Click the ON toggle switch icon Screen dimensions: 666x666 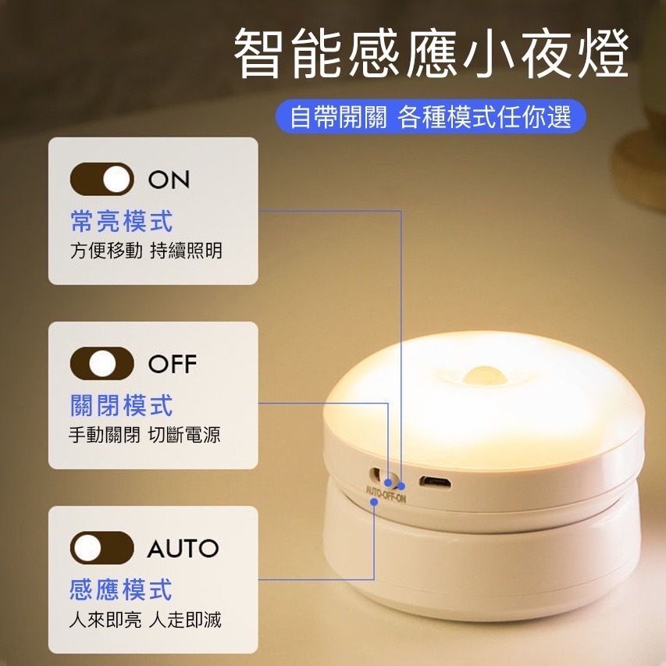[x=102, y=179]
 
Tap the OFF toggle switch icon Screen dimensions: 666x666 [x=102, y=364]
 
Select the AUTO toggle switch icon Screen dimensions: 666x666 [x=102, y=548]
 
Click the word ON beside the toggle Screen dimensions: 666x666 [x=169, y=180]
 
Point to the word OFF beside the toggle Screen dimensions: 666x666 [x=173, y=364]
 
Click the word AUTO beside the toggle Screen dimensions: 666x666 [x=183, y=548]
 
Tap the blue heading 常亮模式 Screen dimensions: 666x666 [x=122, y=221]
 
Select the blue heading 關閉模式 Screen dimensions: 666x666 [x=122, y=405]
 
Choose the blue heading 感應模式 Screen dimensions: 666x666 [x=121, y=589]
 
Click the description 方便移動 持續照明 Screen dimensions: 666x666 [x=146, y=251]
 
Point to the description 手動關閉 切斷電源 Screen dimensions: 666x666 [x=145, y=435]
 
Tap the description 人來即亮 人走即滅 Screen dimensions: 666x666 [x=145, y=620]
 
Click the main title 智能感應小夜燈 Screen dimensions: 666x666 [x=431, y=53]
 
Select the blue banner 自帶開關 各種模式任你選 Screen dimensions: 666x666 [x=431, y=117]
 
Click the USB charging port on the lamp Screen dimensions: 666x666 [x=435, y=483]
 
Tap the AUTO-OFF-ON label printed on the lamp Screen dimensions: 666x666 [x=386, y=494]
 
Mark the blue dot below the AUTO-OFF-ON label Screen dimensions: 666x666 [x=374, y=501]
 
